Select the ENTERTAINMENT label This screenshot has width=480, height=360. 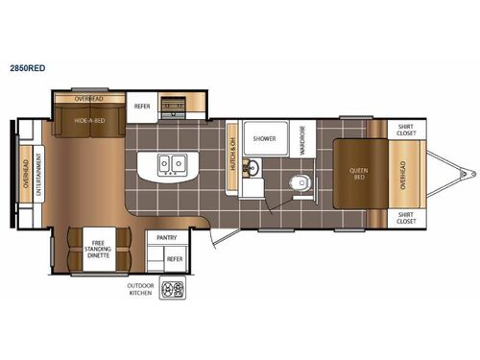click(38, 176)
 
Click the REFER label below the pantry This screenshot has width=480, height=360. click(174, 258)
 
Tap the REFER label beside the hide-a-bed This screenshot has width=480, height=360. click(142, 107)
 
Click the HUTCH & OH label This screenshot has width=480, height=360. click(233, 155)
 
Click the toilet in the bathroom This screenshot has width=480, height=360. click(299, 180)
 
